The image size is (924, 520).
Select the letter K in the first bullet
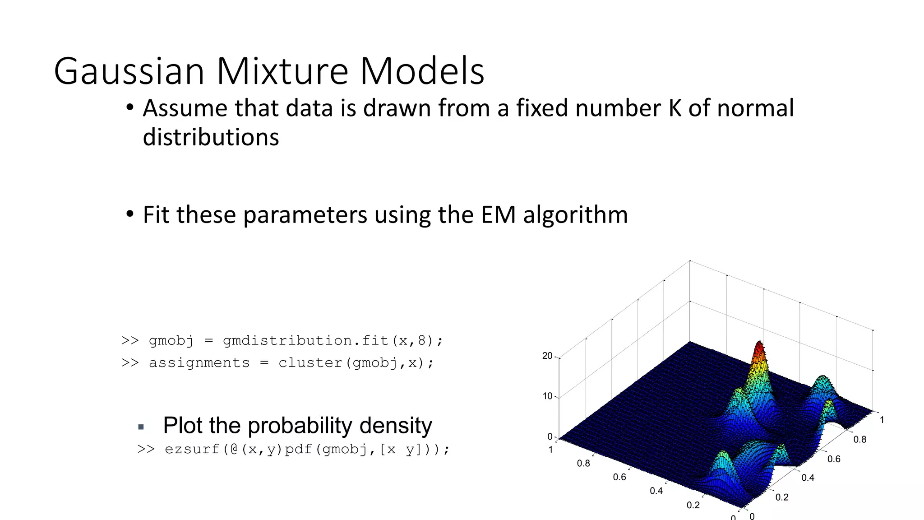click(x=675, y=108)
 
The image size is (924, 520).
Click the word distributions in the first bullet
click(x=211, y=137)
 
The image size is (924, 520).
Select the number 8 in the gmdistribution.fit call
click(x=422, y=340)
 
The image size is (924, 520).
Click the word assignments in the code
click(x=199, y=363)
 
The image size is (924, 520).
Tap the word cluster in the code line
click(x=311, y=363)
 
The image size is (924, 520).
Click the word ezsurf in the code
click(x=192, y=450)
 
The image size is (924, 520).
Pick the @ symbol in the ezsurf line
click(x=234, y=449)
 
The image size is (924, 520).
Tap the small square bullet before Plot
click(x=141, y=427)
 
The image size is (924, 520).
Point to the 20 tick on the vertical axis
click(x=547, y=356)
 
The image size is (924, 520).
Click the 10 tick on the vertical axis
click(x=547, y=396)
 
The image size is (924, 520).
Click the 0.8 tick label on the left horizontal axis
click(x=583, y=463)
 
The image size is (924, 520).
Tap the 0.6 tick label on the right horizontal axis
click(x=834, y=459)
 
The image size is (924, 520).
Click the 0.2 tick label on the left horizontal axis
click(x=693, y=505)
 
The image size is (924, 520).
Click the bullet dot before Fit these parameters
click(x=130, y=214)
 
